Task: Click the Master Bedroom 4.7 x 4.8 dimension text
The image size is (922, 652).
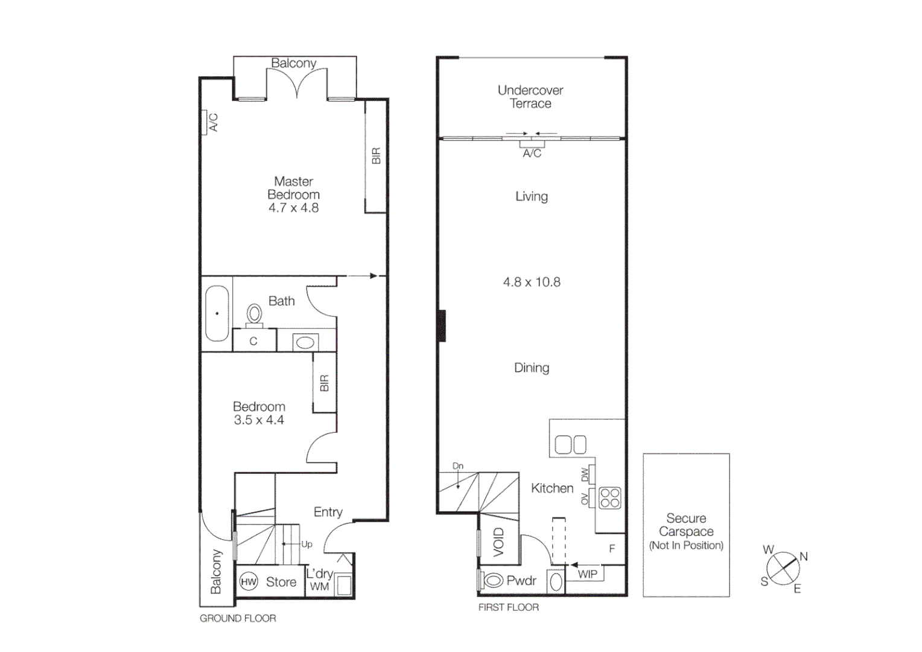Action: (x=293, y=208)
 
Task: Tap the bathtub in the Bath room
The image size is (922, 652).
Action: (x=217, y=313)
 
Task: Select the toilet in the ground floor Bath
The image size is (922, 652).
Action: (x=254, y=315)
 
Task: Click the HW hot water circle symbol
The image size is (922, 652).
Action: (x=249, y=582)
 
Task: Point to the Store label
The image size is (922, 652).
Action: (x=281, y=582)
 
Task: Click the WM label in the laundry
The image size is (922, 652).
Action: (x=319, y=586)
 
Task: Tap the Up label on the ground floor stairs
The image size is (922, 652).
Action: (x=307, y=544)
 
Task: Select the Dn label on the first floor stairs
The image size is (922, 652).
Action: (x=458, y=466)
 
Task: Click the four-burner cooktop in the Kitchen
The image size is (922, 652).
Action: (x=610, y=498)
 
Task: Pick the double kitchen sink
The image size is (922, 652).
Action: (x=570, y=445)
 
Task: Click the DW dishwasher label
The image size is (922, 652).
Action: (x=585, y=475)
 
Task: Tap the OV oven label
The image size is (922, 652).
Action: (x=585, y=499)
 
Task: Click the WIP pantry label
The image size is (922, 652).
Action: (x=587, y=574)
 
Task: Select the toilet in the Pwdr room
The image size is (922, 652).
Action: (x=494, y=581)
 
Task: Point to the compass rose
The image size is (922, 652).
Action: (x=783, y=569)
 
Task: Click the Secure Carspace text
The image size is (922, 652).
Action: (x=686, y=525)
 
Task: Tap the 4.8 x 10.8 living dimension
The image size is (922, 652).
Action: (x=532, y=282)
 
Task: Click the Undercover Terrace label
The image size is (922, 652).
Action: (x=530, y=97)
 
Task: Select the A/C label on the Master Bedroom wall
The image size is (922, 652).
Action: (x=213, y=123)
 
